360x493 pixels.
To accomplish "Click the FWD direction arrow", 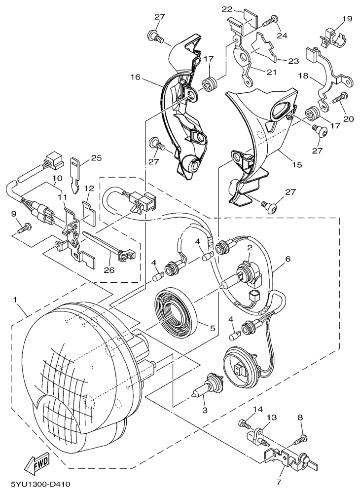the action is coord(37,464).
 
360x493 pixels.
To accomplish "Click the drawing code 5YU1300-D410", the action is coord(40,484).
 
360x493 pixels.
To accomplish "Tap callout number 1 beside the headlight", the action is coord(15,300).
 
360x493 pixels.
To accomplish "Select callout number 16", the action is coord(136,76).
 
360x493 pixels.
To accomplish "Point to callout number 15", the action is coord(297,164).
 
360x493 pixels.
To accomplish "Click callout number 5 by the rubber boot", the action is coord(213,329).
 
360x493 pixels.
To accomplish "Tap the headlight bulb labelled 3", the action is coord(206,388).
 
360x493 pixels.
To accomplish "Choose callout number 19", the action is coord(347,19).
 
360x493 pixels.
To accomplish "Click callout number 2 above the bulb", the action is coord(250,248).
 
